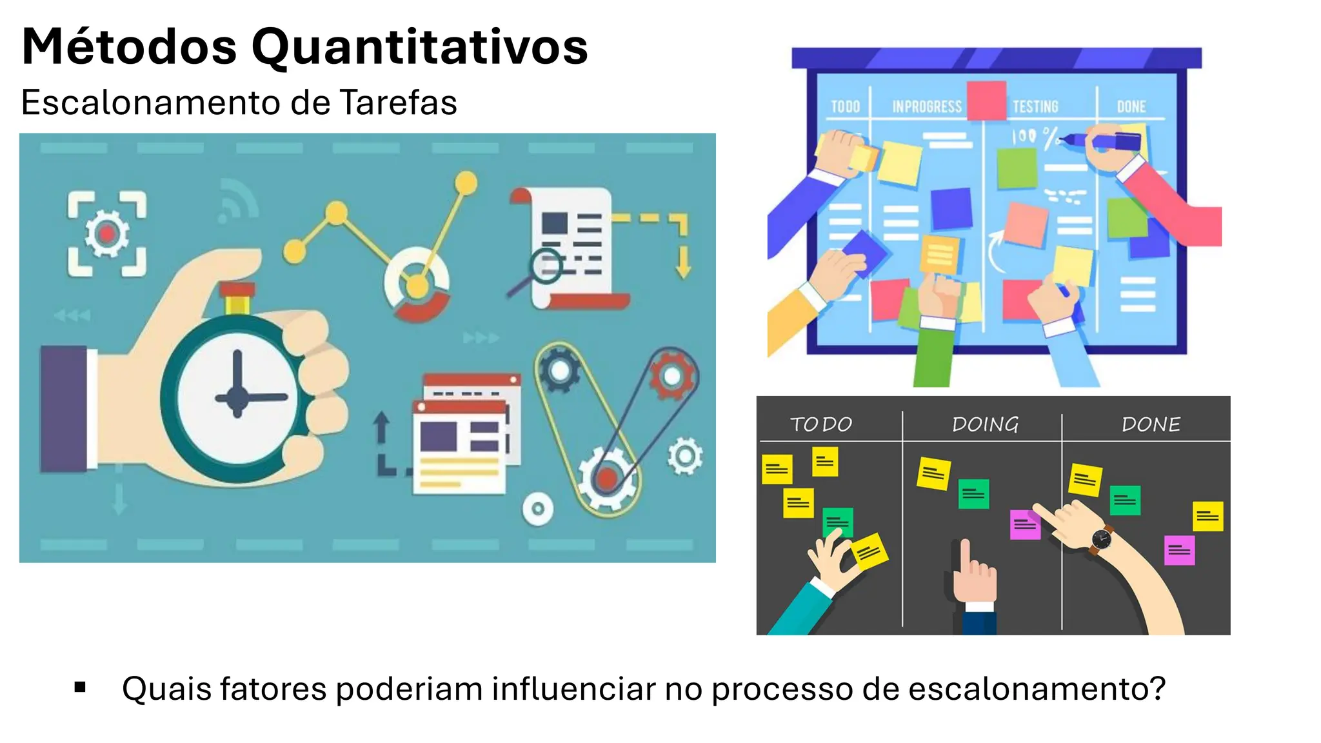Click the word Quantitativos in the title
point(419,47)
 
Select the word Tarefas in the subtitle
point(398,103)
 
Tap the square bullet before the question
point(80,688)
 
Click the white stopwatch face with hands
point(237,396)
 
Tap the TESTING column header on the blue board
point(1035,106)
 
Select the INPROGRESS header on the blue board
point(927,107)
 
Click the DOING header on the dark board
point(985,424)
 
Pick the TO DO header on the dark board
point(821,424)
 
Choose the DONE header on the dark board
point(1151,424)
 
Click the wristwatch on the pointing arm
point(1101,539)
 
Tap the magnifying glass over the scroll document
point(545,266)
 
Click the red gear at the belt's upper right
point(671,375)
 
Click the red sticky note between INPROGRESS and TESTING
point(986,100)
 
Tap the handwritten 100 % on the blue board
point(1033,137)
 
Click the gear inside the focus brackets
point(107,233)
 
